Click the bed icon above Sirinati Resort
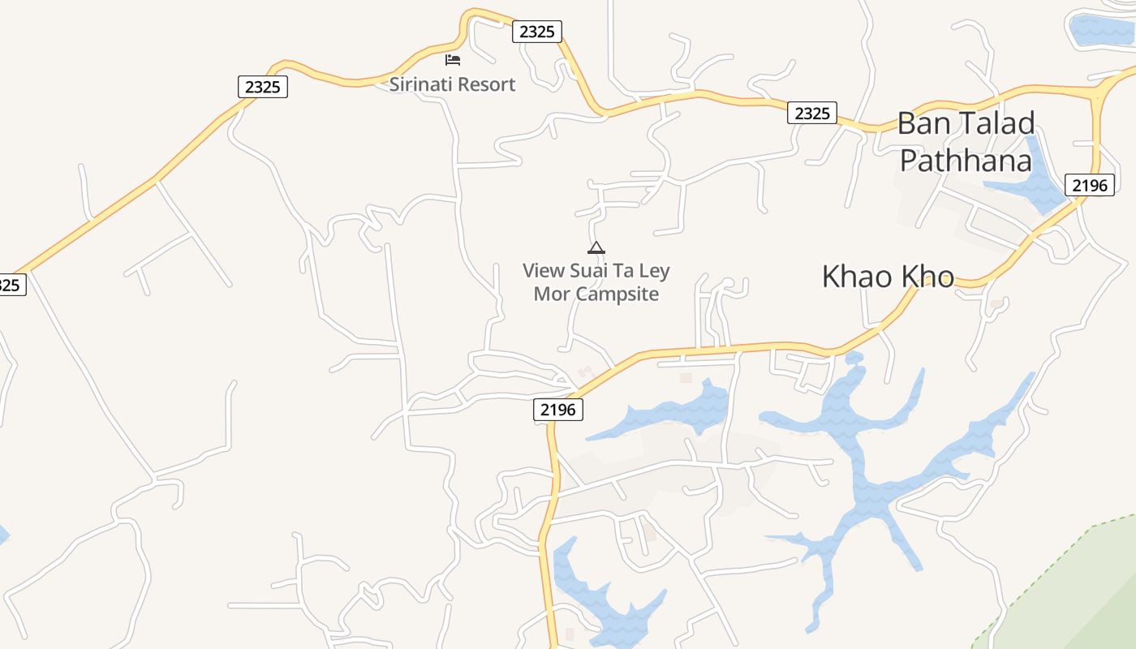click(453, 60)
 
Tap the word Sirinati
click(420, 84)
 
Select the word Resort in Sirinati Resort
click(485, 84)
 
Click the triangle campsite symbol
click(596, 247)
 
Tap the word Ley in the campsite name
click(654, 271)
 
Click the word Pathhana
click(966, 161)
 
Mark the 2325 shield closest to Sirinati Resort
click(536, 32)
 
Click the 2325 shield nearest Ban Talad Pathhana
click(812, 114)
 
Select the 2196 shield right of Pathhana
click(1089, 185)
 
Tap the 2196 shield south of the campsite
click(558, 410)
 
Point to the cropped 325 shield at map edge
click(11, 285)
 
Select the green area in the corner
click(1079, 592)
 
